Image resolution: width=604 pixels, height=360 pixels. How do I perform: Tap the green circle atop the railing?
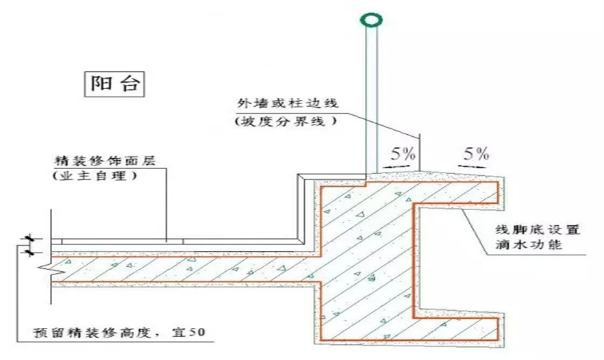click(x=372, y=20)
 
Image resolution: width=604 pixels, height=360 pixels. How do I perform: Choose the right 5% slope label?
click(x=475, y=152)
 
